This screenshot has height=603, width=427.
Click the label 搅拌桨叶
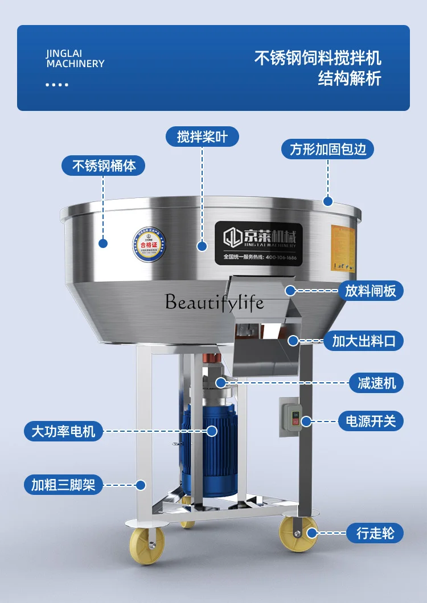(202, 137)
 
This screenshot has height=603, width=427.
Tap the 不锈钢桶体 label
(104, 166)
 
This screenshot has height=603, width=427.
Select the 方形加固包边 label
(327, 150)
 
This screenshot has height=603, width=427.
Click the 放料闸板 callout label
(373, 291)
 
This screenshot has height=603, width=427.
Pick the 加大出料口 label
(367, 341)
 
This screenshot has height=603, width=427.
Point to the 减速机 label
(376, 382)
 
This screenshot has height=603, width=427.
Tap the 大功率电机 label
(59, 431)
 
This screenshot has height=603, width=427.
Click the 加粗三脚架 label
(63, 485)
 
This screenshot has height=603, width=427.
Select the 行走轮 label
(375, 533)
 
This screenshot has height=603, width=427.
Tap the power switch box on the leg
(290, 417)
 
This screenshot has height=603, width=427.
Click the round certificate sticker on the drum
(147, 244)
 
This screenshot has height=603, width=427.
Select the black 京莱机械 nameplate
(260, 242)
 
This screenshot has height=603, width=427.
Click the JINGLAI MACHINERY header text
(75, 59)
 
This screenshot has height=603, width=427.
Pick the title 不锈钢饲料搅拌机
(317, 58)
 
